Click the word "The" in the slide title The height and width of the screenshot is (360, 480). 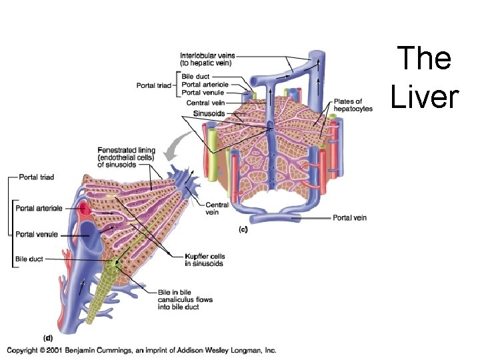[425, 59]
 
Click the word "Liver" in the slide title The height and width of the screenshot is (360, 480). [425, 96]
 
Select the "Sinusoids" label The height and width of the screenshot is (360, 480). [209, 113]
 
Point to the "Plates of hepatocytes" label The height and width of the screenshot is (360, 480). [348, 104]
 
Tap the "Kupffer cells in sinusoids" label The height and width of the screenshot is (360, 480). [204, 260]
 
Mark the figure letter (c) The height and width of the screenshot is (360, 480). [243, 229]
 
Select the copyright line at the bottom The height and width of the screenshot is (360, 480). [141, 351]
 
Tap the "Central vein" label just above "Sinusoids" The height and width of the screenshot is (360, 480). [205, 103]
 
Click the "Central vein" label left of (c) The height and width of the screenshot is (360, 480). [217, 209]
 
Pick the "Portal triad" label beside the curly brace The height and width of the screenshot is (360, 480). [154, 85]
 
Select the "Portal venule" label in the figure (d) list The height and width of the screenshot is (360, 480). [37, 234]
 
